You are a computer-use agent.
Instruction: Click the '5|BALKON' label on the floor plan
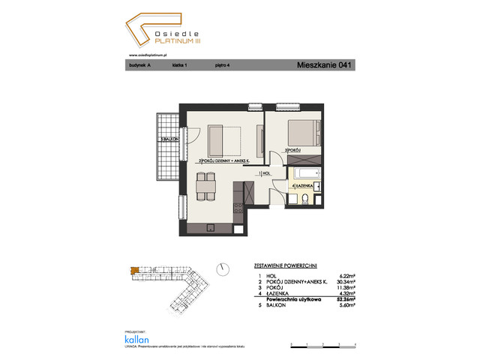tap(166, 140)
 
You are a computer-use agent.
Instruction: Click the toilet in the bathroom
tap(307, 199)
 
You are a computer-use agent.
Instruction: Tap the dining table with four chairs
tap(201, 185)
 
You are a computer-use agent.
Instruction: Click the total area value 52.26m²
tap(345, 296)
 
